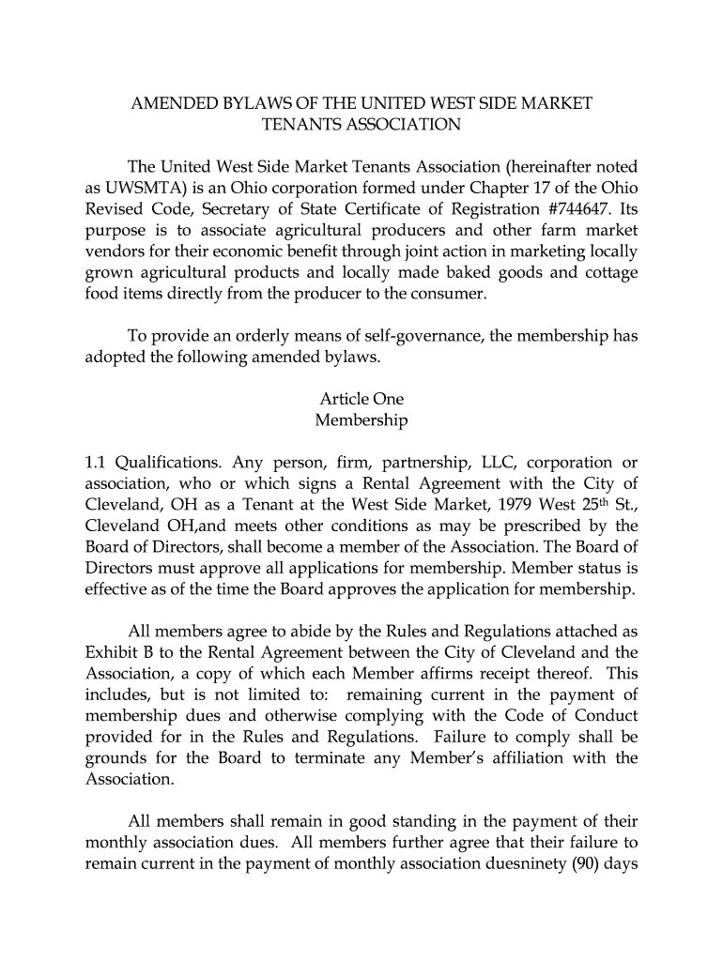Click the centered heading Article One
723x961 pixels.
361,399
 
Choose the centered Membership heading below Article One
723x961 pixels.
361,420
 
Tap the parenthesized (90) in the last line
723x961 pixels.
581,864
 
